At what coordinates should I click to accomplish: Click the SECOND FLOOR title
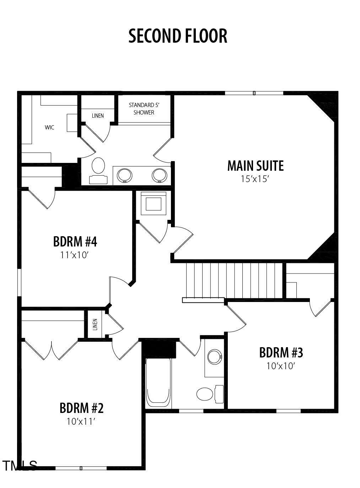click(178, 36)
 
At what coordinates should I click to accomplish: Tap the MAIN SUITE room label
click(256, 166)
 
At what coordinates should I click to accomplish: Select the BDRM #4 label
click(75, 242)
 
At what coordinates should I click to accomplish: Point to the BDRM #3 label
click(281, 352)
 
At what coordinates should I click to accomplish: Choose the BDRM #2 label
click(81, 408)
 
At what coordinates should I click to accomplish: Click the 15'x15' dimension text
click(256, 179)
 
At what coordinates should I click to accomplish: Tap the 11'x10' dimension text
click(75, 255)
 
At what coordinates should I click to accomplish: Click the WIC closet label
click(49, 127)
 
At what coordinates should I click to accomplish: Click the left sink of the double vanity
click(125, 175)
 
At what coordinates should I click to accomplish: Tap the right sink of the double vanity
click(159, 175)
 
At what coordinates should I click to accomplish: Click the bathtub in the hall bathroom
click(158, 382)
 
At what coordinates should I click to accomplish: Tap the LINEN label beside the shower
click(98, 116)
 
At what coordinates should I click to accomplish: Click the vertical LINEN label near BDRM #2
click(95, 324)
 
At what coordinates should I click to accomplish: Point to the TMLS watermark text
click(20, 466)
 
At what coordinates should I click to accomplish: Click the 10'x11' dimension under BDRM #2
click(81, 421)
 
